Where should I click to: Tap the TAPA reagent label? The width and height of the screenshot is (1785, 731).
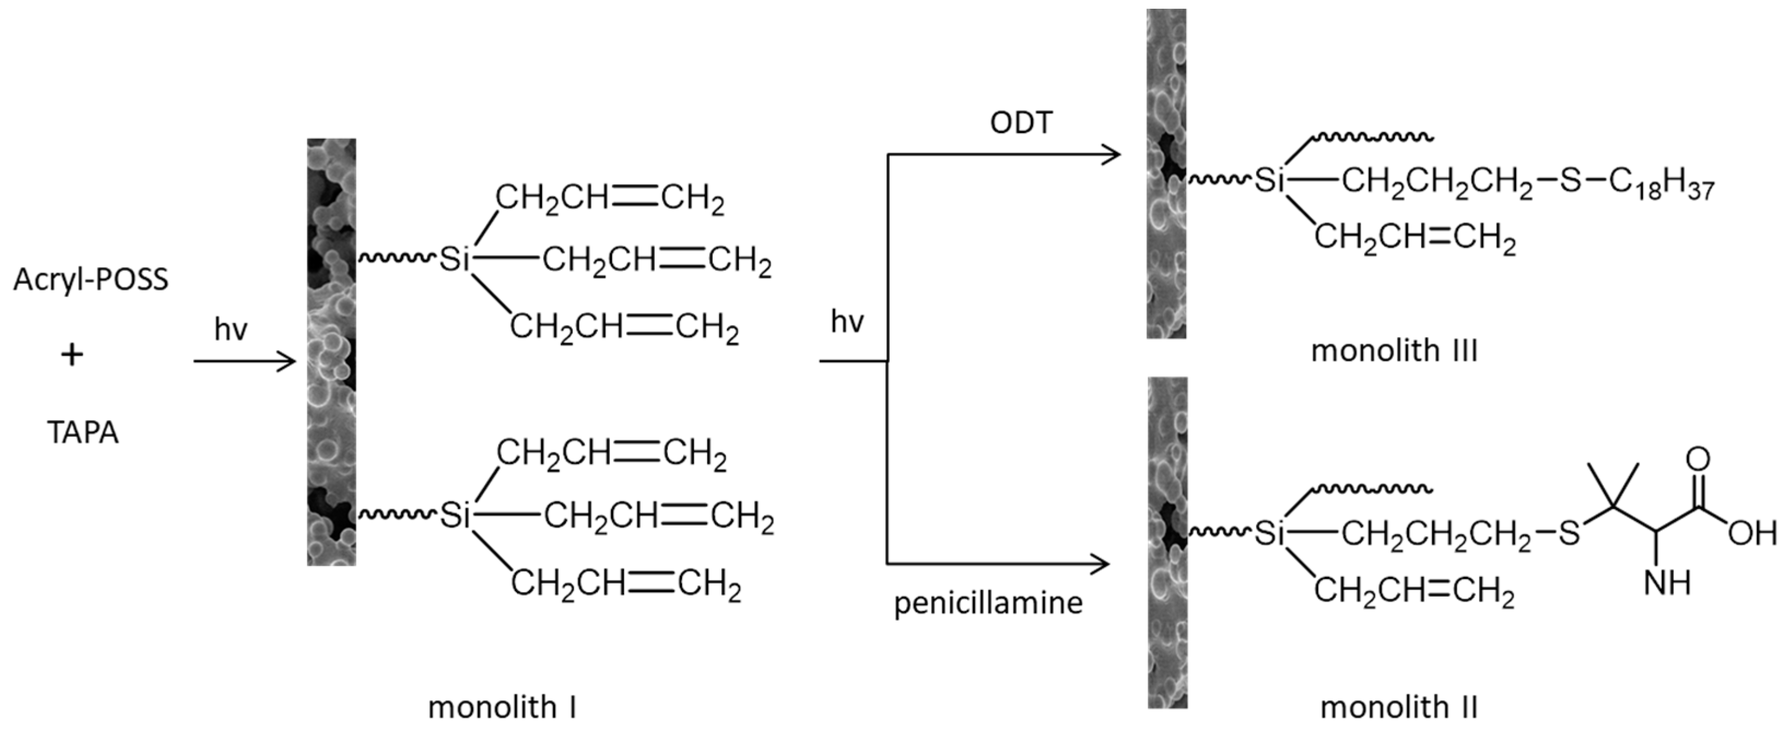click(83, 433)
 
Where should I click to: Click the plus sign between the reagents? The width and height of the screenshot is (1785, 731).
click(72, 356)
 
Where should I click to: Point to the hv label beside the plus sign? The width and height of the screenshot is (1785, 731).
click(231, 330)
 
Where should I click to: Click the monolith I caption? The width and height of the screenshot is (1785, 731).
click(502, 707)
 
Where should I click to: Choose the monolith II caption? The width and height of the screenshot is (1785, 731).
click(1399, 707)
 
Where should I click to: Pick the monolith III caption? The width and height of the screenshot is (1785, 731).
click(1394, 351)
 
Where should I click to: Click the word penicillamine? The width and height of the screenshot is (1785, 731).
click(988, 603)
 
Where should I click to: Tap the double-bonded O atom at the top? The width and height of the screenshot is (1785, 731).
click(1698, 459)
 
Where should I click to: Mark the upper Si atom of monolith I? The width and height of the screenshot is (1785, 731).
click(455, 260)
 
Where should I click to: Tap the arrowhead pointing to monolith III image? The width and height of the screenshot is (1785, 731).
click(1112, 155)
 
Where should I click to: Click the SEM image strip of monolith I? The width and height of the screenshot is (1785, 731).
click(331, 352)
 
